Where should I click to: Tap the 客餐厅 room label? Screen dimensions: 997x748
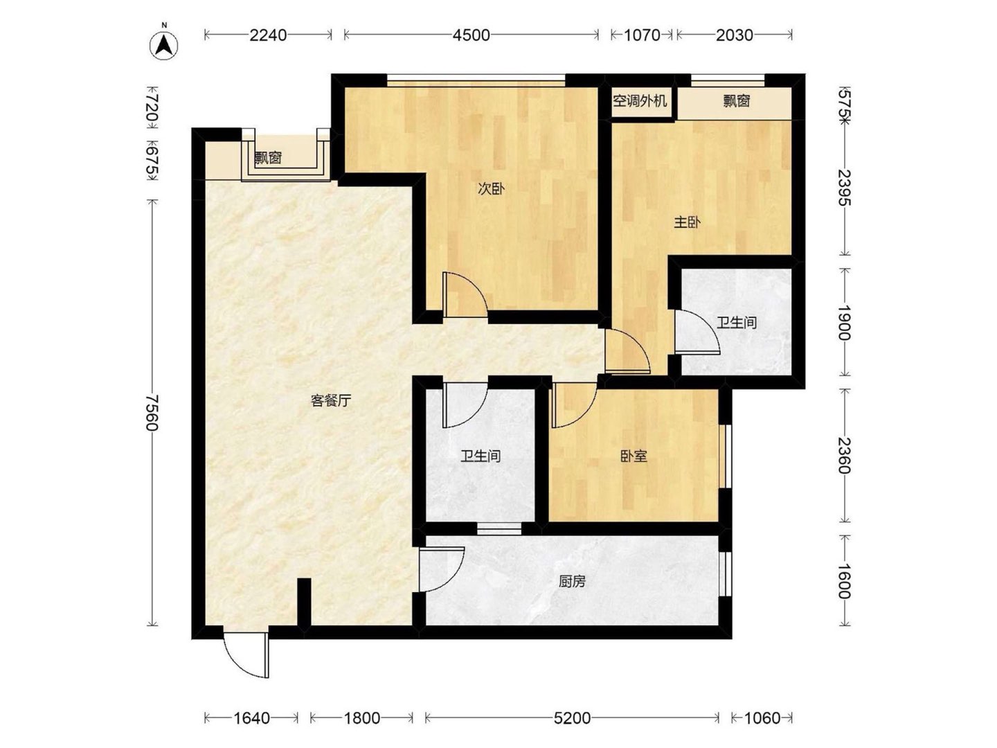pos(331,400)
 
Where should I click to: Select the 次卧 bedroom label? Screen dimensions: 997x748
pos(491,189)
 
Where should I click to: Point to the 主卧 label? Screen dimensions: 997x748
pos(687,222)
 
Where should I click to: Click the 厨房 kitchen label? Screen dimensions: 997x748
pos(572,581)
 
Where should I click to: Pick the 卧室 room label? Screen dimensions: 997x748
pos(634,456)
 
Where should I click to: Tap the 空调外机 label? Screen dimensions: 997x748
pos(640,101)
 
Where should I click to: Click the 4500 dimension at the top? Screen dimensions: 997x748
pos(471,35)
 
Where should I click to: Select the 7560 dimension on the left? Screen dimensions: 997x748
pos(152,413)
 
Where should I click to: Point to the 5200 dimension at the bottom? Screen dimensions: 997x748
pos(572,718)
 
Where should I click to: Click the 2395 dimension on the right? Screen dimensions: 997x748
pos(845,187)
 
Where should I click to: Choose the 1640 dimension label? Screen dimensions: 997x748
pos(251,718)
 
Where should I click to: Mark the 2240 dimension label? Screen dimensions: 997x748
pos(268,35)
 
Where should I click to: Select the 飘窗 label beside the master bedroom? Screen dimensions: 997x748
pos(736,101)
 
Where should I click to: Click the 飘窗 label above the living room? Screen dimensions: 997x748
pos(268,158)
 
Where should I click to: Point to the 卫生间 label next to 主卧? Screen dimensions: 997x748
pos(737,323)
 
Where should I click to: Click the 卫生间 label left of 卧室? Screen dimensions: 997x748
pos(480,456)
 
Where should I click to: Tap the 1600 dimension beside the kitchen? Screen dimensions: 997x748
pos(845,581)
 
